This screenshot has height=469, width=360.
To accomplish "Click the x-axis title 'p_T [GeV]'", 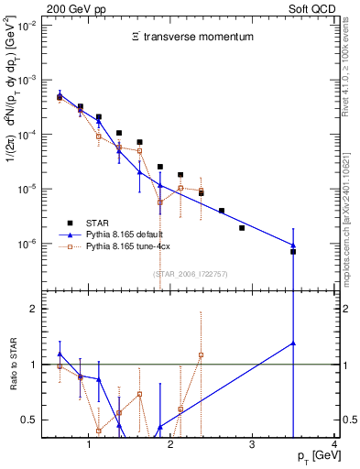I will pyautogui.click(x=314, y=456).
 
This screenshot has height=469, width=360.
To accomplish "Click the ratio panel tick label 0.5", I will pyautogui.click(x=33, y=420).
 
